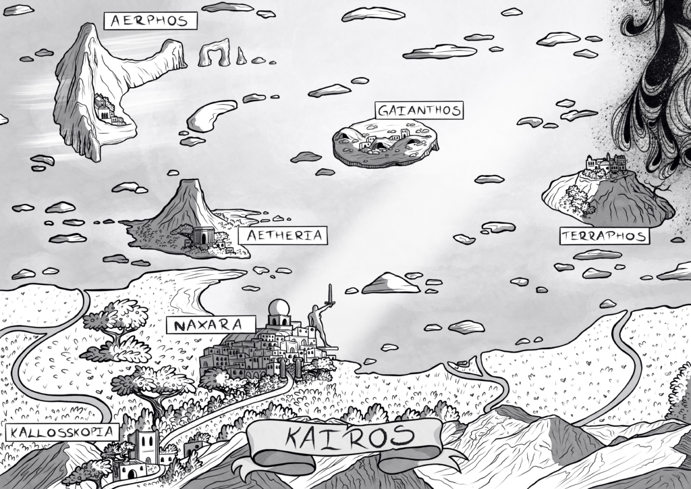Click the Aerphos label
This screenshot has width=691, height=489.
click(x=150, y=21)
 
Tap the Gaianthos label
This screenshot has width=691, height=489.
click(x=419, y=110)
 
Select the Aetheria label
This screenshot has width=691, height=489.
click(x=283, y=236)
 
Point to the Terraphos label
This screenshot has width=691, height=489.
click(x=603, y=236)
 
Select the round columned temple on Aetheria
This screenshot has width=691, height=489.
click(x=202, y=236)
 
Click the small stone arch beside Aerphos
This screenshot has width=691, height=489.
click(x=214, y=53)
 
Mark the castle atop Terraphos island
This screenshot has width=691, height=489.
click(x=605, y=164)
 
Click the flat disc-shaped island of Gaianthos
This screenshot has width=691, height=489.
click(x=385, y=143)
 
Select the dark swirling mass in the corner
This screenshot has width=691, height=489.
click(x=658, y=81)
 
